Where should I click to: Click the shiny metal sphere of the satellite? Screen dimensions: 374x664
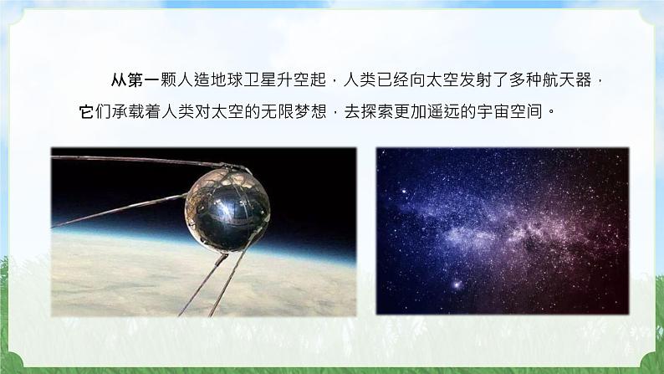[x=227, y=205]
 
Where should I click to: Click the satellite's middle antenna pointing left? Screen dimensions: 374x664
[x=117, y=213]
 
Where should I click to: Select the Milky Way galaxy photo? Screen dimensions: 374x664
[x=502, y=231]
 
